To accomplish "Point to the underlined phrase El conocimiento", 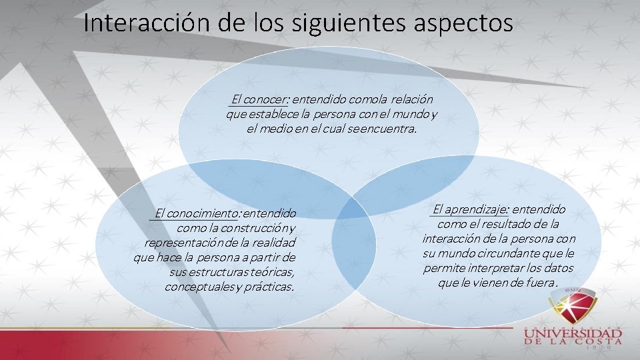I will pyautogui.click(x=197, y=214).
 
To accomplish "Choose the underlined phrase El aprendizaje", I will pyautogui.click(x=471, y=209).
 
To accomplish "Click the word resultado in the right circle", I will pyautogui.click(x=503, y=224).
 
